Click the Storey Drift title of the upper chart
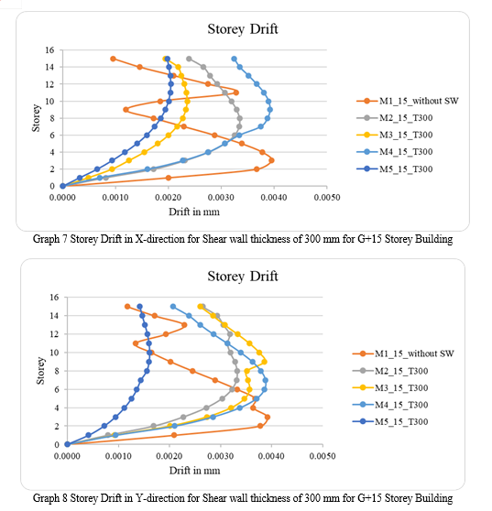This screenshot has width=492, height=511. tap(243, 29)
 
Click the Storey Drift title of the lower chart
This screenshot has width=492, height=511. tap(243, 277)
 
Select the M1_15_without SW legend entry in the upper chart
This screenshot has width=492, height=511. tap(408, 101)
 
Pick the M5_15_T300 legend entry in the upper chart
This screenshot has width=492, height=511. tap(395, 169)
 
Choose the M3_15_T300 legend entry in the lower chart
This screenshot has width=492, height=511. tap(390, 387)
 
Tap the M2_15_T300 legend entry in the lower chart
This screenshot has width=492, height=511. tap(390, 371)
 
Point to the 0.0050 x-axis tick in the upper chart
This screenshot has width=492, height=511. tap(327, 198)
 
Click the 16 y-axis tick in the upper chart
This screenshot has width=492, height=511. tap(49, 49)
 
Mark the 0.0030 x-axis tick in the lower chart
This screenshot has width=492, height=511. tap(221, 456)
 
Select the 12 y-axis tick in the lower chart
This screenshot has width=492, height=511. tap(54, 334)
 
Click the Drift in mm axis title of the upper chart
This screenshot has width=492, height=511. tap(194, 212)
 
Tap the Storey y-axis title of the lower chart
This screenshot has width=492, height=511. tap(40, 371)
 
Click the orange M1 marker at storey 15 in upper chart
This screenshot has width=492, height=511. tap(113, 59)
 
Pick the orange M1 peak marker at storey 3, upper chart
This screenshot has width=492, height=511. tap(271, 160)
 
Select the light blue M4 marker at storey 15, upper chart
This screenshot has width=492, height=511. tap(235, 59)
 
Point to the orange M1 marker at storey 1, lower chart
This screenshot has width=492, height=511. tap(174, 435)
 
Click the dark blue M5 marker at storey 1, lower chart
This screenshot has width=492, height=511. tap(88, 435)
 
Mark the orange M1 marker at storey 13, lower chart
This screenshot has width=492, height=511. tap(184, 325)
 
